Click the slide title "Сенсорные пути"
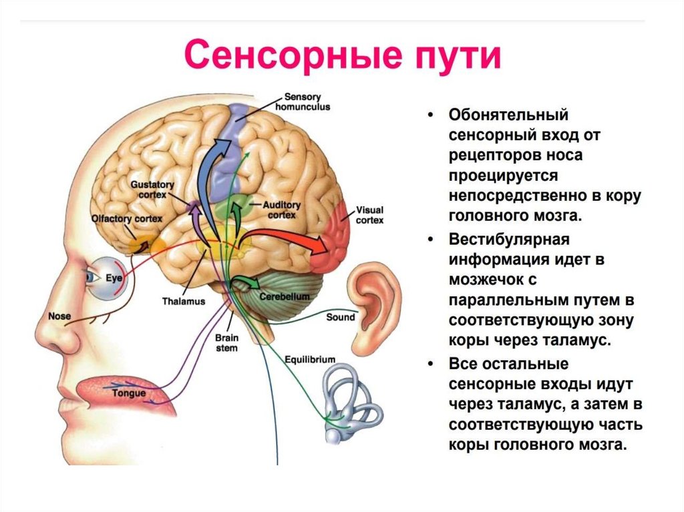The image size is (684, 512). (x=342, y=56)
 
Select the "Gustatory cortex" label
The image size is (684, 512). (x=152, y=189)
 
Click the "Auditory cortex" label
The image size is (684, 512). (x=281, y=210)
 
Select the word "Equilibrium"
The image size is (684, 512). (x=310, y=359)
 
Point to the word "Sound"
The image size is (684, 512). (x=340, y=317)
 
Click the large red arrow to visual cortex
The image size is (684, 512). (x=294, y=242)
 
